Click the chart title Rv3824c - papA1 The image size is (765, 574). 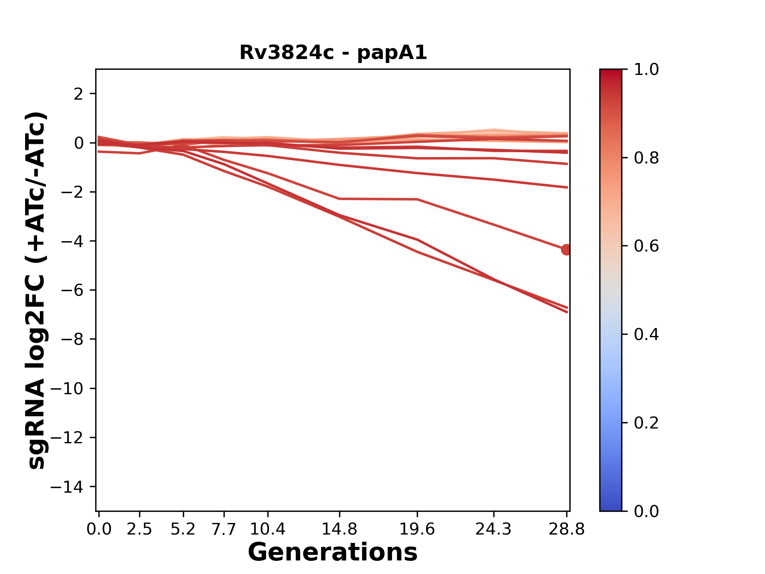[x=333, y=53]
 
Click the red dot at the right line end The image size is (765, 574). [x=566, y=250]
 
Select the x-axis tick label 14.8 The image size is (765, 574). [x=339, y=529]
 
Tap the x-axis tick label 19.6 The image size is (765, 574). [x=417, y=529]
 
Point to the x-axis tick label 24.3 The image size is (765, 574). [x=494, y=529]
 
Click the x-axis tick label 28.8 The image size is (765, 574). [x=567, y=529]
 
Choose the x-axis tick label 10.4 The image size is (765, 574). [x=267, y=529]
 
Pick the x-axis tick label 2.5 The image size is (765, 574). [x=139, y=529]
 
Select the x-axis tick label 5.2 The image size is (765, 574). [x=183, y=529]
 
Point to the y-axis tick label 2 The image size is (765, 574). [x=78, y=94]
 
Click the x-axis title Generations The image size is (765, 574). [x=333, y=552]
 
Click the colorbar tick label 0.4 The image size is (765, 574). [x=646, y=334]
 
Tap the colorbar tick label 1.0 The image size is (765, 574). [x=646, y=70]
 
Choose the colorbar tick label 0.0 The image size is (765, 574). [x=646, y=511]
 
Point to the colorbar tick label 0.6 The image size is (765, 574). [x=646, y=246]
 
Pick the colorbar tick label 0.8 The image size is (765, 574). [x=646, y=158]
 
